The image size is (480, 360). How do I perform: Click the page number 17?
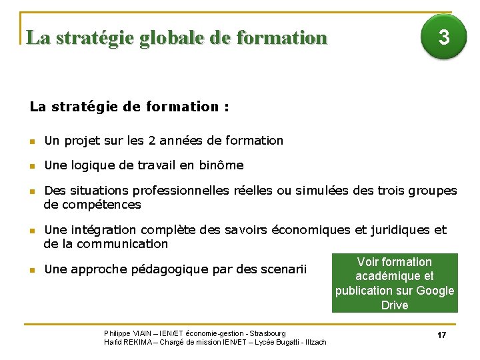(441, 335)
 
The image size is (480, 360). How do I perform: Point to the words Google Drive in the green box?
(413, 298)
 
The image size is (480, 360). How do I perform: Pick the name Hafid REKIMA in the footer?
(125, 342)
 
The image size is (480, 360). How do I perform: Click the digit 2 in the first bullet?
(153, 141)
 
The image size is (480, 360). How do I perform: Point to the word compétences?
(92, 204)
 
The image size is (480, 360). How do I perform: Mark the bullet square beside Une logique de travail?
(31, 165)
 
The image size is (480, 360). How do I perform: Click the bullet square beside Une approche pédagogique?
(31, 270)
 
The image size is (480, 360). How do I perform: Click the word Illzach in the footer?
(315, 342)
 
